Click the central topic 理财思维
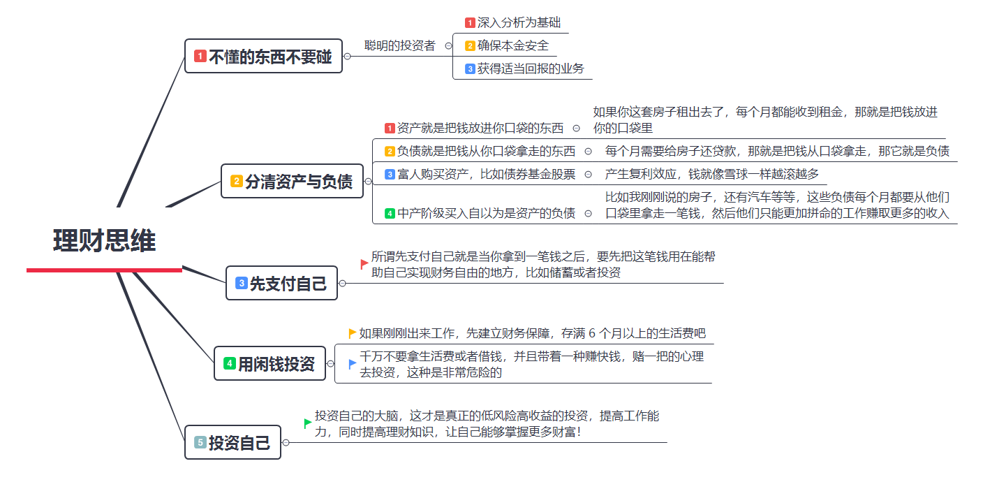point(104,241)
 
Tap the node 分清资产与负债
point(291,182)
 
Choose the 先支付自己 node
point(281,283)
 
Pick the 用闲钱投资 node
point(269,364)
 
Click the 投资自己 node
point(232,442)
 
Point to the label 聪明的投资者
point(399,45)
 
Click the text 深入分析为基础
point(519,22)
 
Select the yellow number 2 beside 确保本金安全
point(470,46)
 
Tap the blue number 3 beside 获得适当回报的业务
point(470,69)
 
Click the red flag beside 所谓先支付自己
point(364,264)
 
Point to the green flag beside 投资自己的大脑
point(307,423)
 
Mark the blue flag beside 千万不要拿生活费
point(352,363)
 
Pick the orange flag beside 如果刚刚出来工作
point(352,333)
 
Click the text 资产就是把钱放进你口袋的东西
point(480,128)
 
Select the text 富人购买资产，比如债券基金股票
point(486,174)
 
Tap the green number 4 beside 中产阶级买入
point(390,214)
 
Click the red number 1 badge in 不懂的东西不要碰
point(200,57)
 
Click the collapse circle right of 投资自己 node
point(286,442)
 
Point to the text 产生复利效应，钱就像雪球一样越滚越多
point(711,174)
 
